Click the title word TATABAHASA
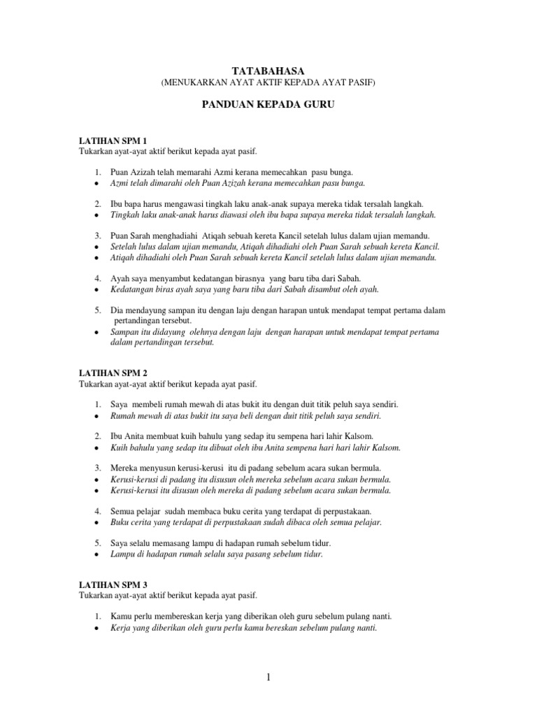point(268,71)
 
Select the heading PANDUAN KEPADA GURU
point(268,103)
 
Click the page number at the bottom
point(268,678)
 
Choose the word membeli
point(157,405)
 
